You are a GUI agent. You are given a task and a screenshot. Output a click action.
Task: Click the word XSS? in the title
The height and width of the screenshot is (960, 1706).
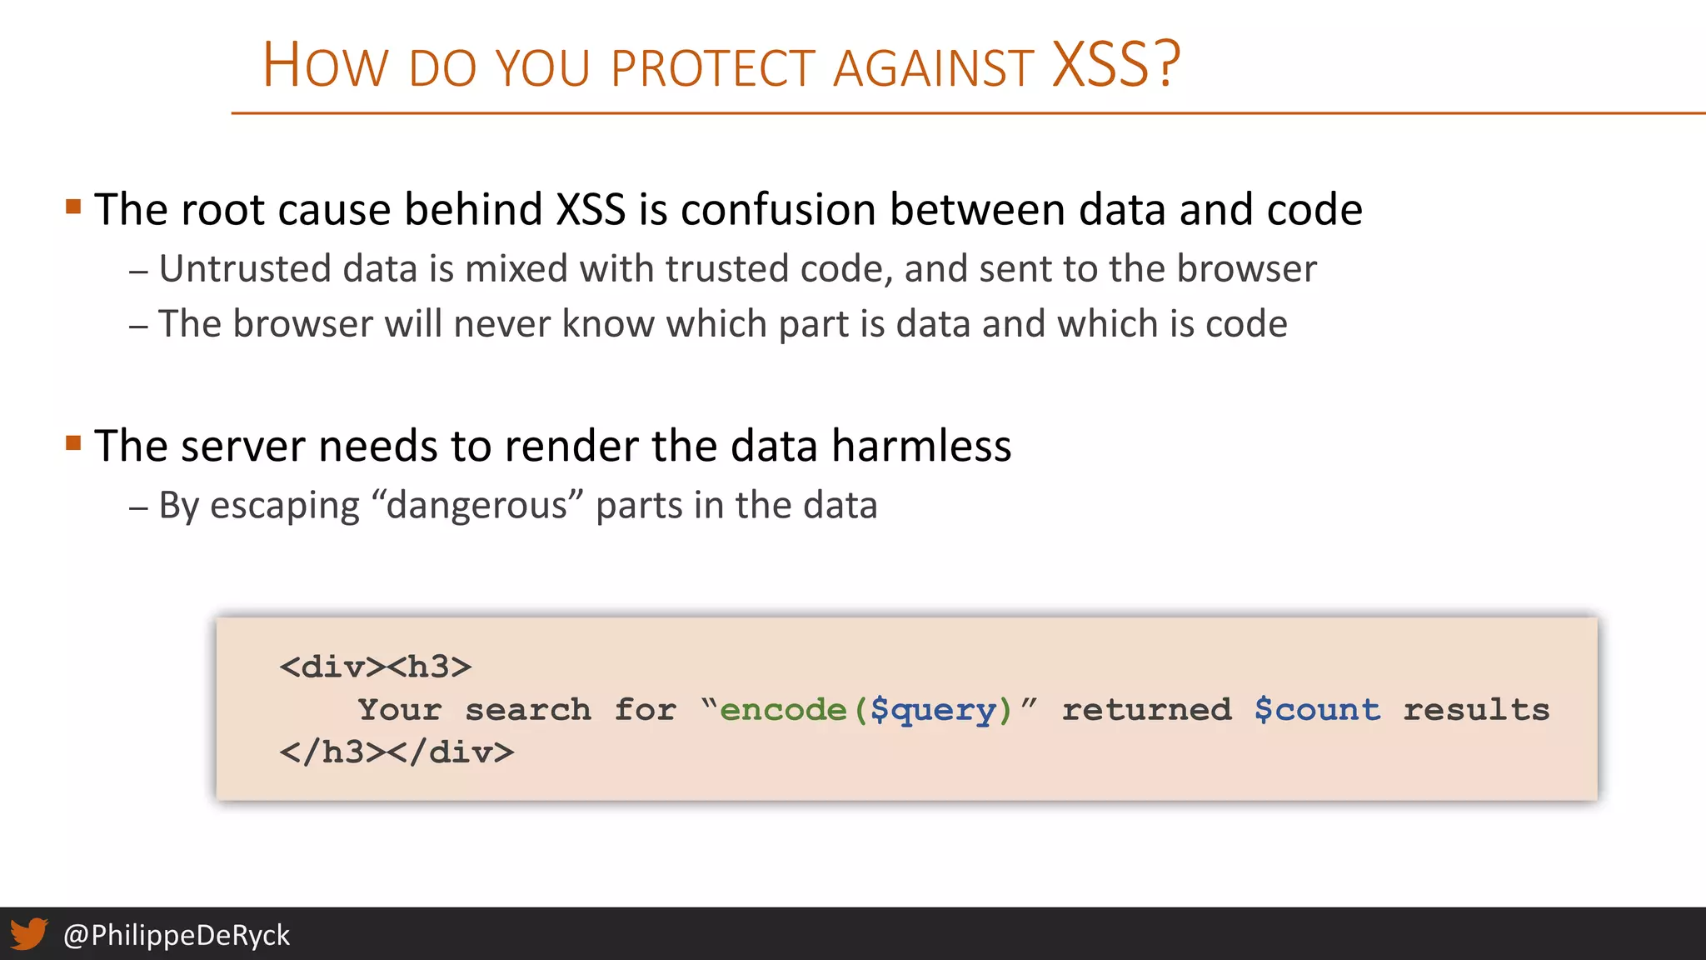tap(1116, 65)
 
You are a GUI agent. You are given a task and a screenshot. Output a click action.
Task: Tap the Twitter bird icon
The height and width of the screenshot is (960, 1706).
tap(29, 933)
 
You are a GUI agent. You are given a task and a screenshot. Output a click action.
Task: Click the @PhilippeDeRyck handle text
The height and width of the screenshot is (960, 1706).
tap(176, 935)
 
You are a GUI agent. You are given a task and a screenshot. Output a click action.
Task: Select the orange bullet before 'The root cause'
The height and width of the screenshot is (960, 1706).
tap(73, 206)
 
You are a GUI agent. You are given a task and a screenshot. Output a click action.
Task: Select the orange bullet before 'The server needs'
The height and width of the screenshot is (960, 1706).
tap(73, 442)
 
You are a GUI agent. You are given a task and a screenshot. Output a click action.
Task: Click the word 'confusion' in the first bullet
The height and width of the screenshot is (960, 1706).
tap(777, 209)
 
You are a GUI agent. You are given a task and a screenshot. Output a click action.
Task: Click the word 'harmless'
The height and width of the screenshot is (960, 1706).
tap(921, 446)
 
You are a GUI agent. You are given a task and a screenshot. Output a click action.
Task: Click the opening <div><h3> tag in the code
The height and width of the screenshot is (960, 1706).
tap(376, 667)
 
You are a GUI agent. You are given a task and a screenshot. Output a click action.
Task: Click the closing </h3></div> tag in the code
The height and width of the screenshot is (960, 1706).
tap(397, 752)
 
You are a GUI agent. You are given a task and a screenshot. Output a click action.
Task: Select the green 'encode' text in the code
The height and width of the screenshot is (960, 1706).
tap(783, 710)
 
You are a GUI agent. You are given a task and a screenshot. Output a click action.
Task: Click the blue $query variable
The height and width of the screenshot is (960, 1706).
tap(933, 711)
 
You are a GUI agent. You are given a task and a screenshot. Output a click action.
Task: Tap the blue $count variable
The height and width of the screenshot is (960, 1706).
tap(1317, 710)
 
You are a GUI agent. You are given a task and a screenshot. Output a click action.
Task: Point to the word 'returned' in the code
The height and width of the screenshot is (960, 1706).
tap(1146, 710)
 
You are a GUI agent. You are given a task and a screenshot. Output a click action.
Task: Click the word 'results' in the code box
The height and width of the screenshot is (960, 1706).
tap(1476, 710)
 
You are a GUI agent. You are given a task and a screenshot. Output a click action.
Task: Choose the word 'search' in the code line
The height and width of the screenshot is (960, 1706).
tap(528, 710)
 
